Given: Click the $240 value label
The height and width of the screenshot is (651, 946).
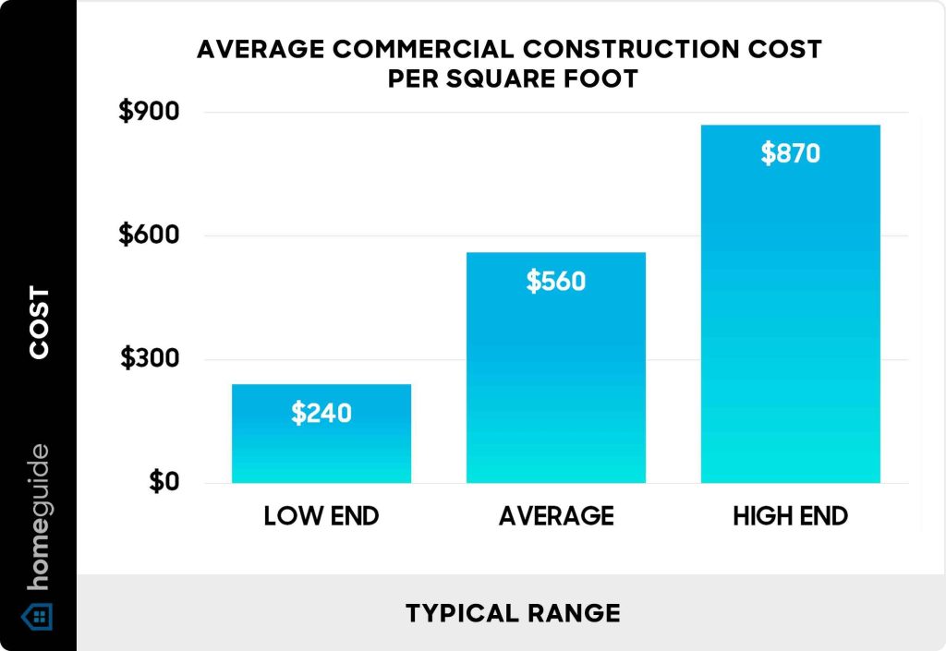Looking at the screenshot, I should pos(321,413).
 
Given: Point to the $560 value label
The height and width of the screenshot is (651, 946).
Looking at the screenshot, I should pos(555,281).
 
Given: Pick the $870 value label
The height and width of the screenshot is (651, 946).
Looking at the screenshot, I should pos(790,153).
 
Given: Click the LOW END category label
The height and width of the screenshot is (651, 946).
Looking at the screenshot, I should pos(321,516).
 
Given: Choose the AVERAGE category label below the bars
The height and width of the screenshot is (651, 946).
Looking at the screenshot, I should pos(555,516).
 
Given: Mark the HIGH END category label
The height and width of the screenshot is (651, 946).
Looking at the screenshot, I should pos(790,516).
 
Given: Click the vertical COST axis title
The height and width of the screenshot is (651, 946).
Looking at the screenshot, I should pos(39,322).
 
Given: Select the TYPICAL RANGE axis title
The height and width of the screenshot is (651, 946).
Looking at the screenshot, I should pos(512,612).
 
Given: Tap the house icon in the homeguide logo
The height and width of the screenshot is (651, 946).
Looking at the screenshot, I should pos(38,615).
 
